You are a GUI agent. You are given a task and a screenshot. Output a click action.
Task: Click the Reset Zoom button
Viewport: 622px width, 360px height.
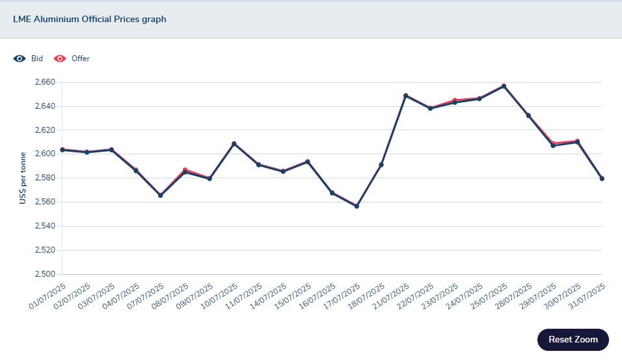click(x=573, y=339)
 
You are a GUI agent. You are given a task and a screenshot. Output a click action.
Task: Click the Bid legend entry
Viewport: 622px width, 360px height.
click(x=36, y=59)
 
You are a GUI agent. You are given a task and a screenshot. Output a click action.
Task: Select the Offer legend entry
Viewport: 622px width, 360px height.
click(x=80, y=59)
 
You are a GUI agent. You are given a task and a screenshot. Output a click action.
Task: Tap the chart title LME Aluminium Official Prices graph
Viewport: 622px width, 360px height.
click(x=90, y=20)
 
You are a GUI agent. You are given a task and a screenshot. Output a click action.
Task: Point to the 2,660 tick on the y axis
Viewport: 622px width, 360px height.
click(x=46, y=83)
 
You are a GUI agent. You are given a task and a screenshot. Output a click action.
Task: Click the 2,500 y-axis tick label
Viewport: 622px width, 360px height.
click(x=46, y=274)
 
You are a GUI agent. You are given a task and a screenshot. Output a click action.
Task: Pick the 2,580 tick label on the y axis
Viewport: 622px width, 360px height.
click(x=46, y=178)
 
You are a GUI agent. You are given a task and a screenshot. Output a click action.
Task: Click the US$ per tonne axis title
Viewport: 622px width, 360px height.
click(x=23, y=178)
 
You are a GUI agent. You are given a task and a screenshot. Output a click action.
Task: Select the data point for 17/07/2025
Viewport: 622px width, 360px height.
click(x=357, y=206)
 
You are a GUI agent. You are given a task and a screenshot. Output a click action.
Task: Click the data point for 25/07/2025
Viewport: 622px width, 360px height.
click(x=504, y=86)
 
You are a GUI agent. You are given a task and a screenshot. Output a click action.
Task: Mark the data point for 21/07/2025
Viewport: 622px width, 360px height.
click(x=405, y=96)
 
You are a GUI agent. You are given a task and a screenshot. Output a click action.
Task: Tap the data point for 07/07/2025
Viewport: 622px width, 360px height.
click(x=160, y=195)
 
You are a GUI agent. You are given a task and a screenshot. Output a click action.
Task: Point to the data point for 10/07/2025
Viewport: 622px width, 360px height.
click(x=234, y=144)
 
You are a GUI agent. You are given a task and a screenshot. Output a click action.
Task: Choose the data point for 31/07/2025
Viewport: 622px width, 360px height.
click(x=602, y=178)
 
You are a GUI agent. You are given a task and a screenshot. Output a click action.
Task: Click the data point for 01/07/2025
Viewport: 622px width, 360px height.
click(x=62, y=150)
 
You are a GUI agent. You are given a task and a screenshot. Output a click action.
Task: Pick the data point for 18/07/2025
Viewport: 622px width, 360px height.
click(x=381, y=165)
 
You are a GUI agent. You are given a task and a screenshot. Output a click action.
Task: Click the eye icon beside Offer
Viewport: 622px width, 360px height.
click(x=60, y=59)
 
